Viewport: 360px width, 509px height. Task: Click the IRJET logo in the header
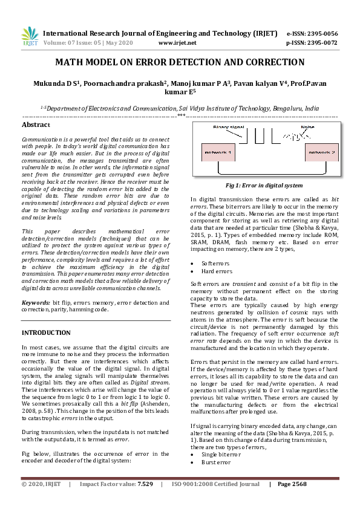click(29, 38)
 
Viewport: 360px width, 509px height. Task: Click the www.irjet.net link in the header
click(177, 44)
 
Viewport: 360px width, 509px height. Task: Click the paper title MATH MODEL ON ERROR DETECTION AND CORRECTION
click(180, 62)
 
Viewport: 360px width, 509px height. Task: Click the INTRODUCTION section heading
click(46, 332)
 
